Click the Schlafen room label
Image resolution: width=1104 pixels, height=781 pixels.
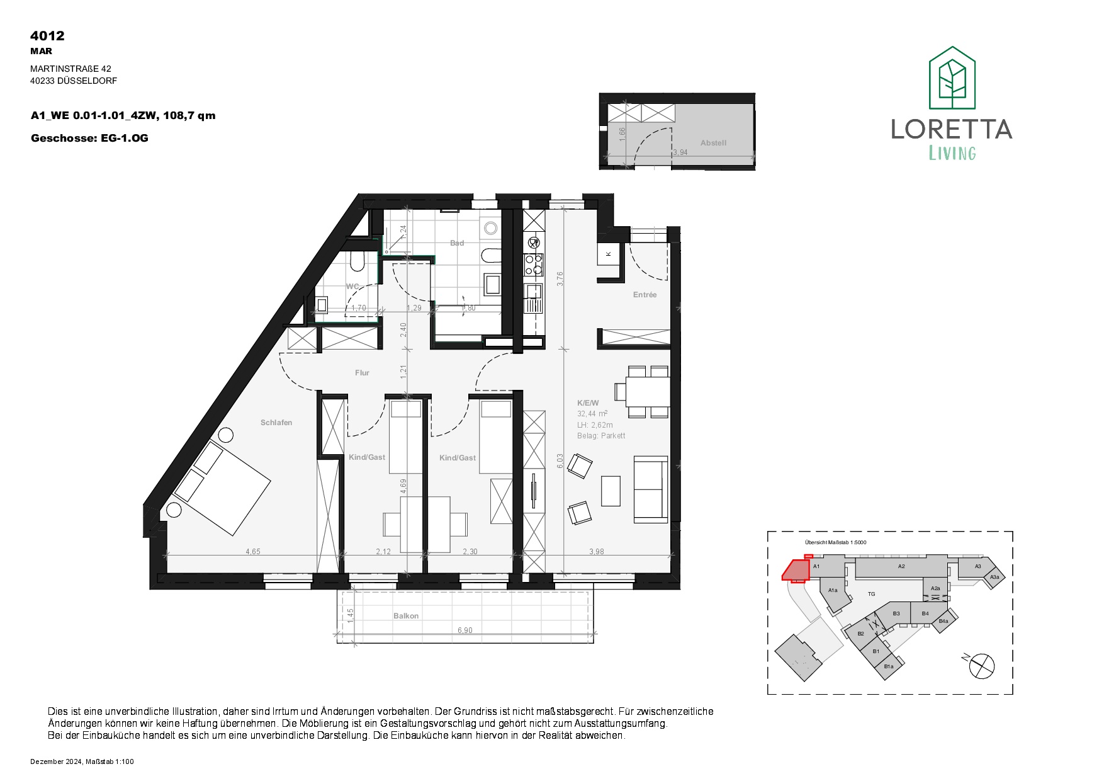[276, 423]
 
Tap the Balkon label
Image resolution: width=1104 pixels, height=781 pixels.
[406, 616]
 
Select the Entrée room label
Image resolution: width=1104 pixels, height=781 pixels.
[645, 295]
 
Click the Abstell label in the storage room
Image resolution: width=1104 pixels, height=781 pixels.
[713, 143]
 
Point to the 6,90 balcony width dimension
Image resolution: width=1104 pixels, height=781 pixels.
[465, 630]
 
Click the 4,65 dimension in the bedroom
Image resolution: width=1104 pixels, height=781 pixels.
[252, 552]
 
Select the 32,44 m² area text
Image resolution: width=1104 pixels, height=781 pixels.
[592, 414]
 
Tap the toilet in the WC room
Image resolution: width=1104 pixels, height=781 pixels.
[356, 261]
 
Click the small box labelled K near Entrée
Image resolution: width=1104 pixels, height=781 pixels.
[609, 254]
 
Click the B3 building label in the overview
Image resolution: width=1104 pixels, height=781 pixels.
[896, 613]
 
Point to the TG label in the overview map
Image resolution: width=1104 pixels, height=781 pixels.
[872, 594]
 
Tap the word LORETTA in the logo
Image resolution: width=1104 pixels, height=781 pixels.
[952, 129]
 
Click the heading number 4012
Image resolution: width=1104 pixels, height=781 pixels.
[47, 36]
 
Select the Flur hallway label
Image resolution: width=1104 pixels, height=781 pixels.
[362, 373]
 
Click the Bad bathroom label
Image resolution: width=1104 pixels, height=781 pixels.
[457, 243]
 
